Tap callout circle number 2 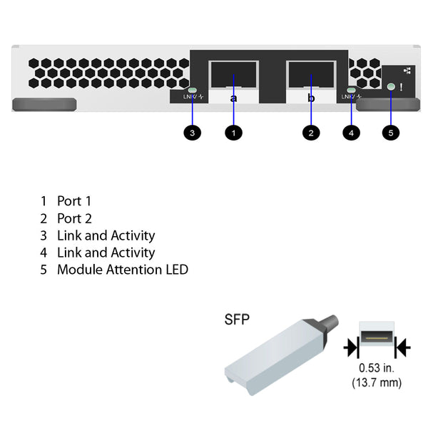coord(310,132)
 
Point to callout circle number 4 coord(350,132)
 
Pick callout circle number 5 coord(390,132)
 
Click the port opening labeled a coord(233,75)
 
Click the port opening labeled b coord(310,75)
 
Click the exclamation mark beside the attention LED coord(402,87)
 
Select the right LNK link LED coord(350,91)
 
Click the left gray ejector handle coord(44,105)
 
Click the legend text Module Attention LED coord(122,270)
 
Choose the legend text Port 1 coord(74,201)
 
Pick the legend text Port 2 coord(74,218)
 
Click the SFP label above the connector coord(237,320)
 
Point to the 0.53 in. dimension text coord(376,369)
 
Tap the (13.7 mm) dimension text coord(376,383)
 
